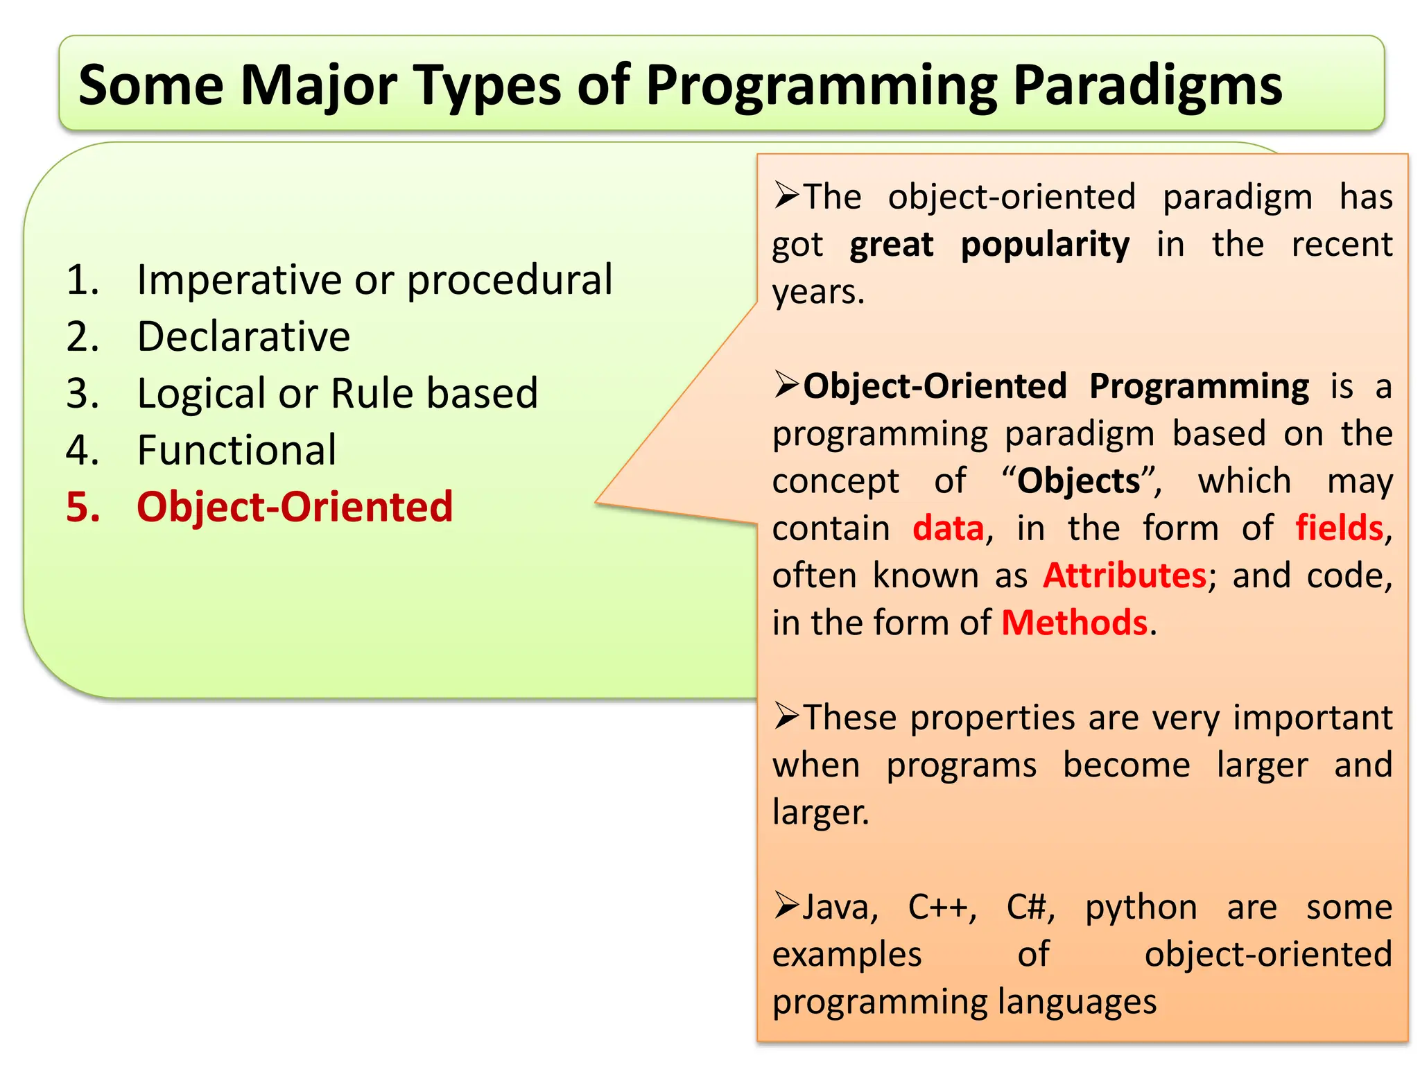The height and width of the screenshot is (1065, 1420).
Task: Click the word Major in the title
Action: click(x=318, y=86)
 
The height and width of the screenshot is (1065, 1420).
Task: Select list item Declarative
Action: click(x=243, y=337)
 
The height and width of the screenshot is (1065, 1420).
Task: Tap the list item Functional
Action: click(x=236, y=451)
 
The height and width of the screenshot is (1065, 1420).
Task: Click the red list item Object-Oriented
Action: click(x=295, y=507)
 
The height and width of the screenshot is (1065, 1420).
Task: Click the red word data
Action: click(x=948, y=528)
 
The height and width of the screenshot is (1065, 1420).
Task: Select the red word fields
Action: click(x=1339, y=528)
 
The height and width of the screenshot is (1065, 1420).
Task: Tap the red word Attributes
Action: click(x=1124, y=575)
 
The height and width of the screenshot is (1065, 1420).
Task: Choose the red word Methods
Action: click(x=1074, y=623)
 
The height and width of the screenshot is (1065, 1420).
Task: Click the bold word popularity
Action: click(x=1044, y=245)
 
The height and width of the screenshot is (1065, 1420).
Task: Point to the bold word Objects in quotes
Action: click(x=1078, y=481)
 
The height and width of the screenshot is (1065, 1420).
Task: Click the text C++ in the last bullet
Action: click(x=942, y=908)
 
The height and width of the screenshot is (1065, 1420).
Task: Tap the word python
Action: click(x=1141, y=908)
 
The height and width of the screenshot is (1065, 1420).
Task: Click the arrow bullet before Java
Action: click(x=787, y=906)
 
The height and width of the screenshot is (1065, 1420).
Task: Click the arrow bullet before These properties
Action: click(x=787, y=716)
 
